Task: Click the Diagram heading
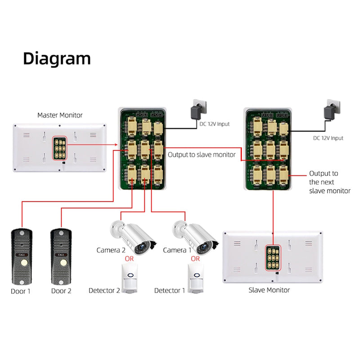(57, 58)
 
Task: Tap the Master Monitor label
(60, 115)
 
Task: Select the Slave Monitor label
(269, 290)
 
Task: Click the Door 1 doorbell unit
(21, 256)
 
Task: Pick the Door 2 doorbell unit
(61, 256)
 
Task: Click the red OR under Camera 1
(195, 259)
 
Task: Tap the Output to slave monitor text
(202, 155)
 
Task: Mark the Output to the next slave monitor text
(329, 182)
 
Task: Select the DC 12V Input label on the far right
(328, 138)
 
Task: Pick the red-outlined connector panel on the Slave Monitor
(272, 257)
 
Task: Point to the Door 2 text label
(61, 291)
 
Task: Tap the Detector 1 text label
(170, 291)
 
